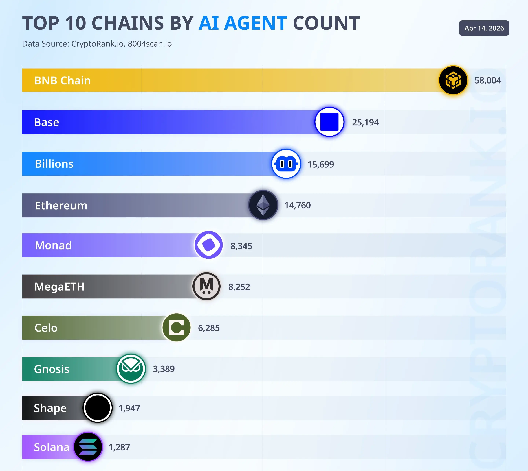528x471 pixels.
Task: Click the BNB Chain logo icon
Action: click(453, 80)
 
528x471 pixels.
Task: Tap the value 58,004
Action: click(488, 80)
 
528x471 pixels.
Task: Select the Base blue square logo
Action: click(329, 122)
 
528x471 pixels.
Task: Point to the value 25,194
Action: click(365, 122)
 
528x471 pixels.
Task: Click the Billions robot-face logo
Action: click(286, 164)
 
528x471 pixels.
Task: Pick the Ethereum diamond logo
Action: click(263, 205)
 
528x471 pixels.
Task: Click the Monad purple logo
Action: click(209, 245)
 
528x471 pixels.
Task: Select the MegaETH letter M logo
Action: click(206, 286)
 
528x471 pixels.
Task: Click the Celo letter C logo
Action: click(177, 328)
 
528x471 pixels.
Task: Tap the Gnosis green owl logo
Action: click(131, 369)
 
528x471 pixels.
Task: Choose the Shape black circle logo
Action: click(98, 408)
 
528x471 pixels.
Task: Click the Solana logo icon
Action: click(88, 447)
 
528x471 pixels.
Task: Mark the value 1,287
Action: click(119, 447)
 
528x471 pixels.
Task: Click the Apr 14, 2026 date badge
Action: click(484, 28)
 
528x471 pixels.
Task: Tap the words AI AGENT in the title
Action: click(243, 23)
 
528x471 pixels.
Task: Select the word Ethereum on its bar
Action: click(61, 206)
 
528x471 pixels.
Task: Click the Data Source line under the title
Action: click(97, 44)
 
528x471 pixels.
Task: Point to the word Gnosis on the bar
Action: click(52, 369)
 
